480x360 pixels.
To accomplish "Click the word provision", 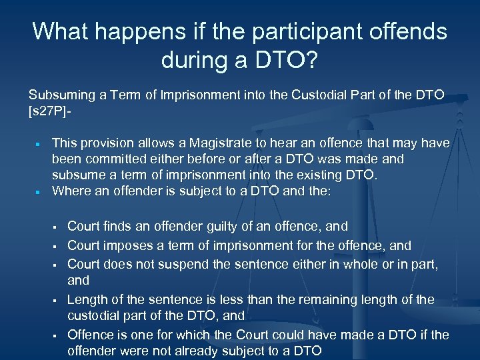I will pos(105,143).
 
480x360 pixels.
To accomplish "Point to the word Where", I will pos(69,191).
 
